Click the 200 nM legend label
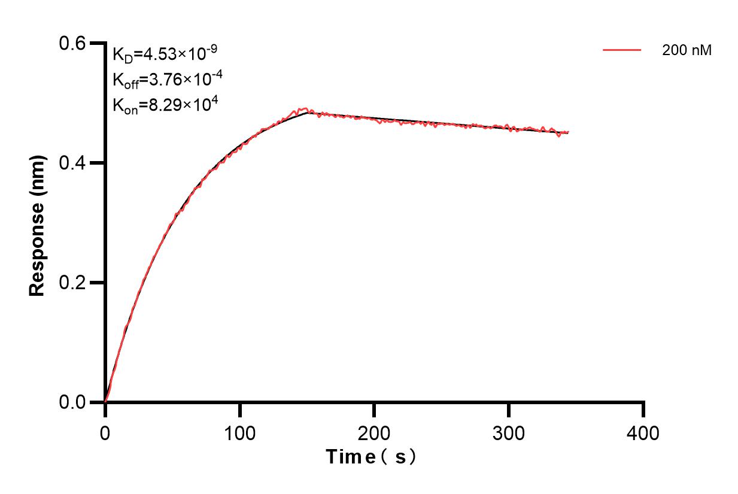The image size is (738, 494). tap(687, 51)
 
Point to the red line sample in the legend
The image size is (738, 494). tap(622, 51)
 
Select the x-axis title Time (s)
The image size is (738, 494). tap(371, 457)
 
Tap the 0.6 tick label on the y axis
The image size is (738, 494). tap(73, 43)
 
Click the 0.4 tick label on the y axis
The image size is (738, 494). tap(73, 163)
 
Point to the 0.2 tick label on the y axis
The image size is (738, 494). tap(73, 283)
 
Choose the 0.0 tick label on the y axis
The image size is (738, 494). tap(73, 402)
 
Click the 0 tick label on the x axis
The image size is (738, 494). tap(105, 432)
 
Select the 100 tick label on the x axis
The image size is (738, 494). tap(239, 432)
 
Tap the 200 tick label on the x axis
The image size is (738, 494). tap(374, 432)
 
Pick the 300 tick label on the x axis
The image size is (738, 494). tap(509, 432)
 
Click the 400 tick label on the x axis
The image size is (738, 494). tap(643, 432)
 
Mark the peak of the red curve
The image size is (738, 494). tap(306, 108)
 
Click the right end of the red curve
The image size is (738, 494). tap(568, 132)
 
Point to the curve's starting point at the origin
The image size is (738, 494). tap(106, 401)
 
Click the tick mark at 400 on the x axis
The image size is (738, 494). tap(643, 410)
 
